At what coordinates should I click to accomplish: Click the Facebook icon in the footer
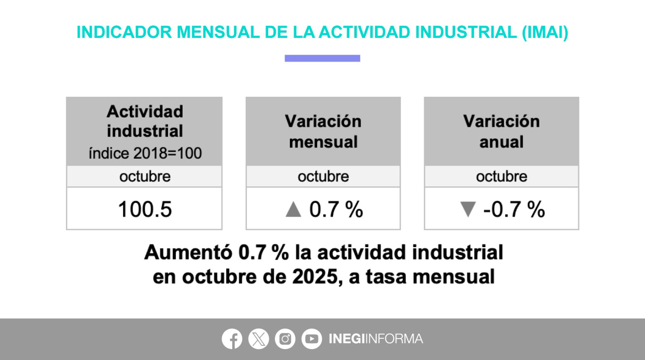point(232,339)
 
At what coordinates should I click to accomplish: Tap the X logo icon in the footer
point(258,339)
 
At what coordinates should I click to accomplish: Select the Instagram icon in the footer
point(285,339)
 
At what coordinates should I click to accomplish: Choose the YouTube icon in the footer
point(312,339)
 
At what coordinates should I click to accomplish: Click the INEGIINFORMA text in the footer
point(376,339)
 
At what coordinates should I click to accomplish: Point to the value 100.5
point(145,209)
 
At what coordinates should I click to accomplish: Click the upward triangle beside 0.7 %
point(293,209)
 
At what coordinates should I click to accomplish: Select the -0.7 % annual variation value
point(514,209)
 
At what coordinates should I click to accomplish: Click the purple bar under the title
point(322,58)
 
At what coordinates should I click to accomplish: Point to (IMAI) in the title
point(545,32)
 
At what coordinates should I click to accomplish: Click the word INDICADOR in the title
point(124,32)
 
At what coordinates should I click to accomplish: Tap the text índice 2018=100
point(145,153)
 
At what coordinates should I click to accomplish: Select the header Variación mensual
point(323,131)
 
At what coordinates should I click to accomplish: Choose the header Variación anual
point(501,131)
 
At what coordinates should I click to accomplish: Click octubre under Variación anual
point(501,176)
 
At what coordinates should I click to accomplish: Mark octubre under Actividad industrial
point(145,176)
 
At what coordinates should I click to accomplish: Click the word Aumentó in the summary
point(188,252)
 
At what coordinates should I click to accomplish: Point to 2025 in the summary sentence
point(315,277)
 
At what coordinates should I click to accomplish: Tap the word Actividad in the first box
point(145,111)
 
